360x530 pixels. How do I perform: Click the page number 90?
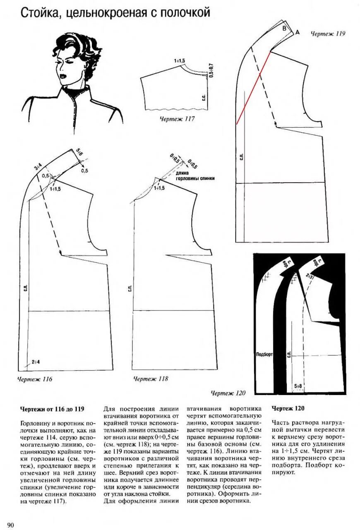pos(10,525)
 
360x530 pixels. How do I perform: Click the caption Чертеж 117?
pos(177,119)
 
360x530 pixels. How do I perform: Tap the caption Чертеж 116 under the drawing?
pos(35,378)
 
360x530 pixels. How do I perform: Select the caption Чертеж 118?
pos(151,378)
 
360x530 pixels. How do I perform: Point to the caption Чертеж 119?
pos(328,34)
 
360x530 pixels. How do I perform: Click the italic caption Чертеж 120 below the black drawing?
pos(228,393)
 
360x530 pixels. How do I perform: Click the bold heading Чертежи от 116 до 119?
pos(52,409)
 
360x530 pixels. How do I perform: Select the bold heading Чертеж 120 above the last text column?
pos(288,408)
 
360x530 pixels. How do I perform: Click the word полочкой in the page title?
pos(184,13)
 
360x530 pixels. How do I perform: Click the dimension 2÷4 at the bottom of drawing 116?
pos(35,361)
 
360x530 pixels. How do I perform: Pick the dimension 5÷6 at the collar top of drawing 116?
pos(79,152)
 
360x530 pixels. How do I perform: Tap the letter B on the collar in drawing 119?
pos(284,28)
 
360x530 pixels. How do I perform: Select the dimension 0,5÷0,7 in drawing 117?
pos(211,70)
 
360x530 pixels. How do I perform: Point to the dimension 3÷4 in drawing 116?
pos(38,167)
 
